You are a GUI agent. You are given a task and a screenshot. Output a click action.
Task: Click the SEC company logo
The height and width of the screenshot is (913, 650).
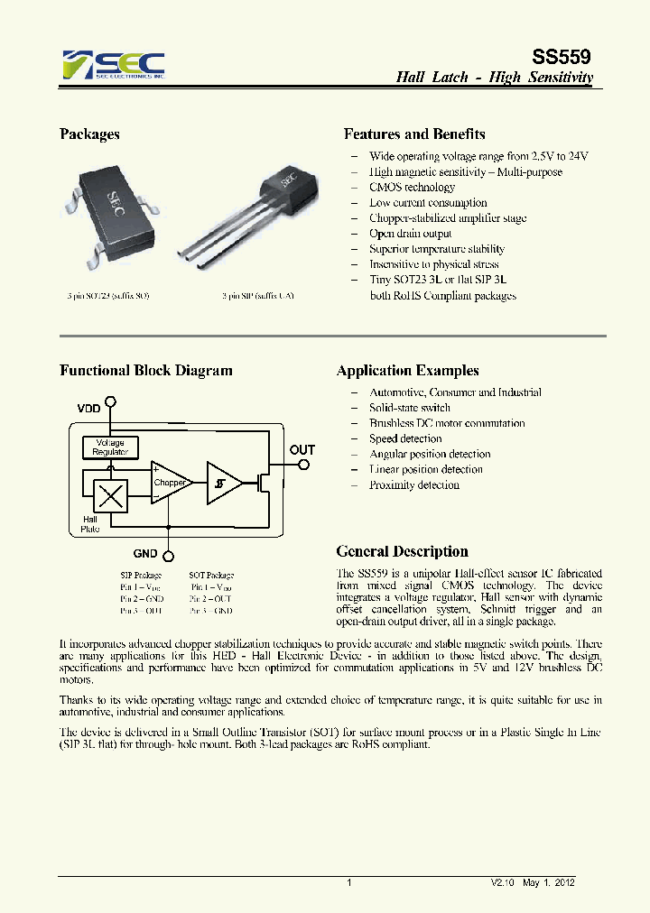tap(113, 65)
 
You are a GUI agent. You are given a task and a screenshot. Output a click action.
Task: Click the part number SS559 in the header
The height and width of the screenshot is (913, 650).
tap(564, 55)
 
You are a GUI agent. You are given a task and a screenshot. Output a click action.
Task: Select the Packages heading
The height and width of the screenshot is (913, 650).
tap(89, 134)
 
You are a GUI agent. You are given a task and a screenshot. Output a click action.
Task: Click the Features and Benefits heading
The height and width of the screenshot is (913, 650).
tap(414, 134)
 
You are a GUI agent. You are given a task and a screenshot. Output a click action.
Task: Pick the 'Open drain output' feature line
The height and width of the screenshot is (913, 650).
tap(410, 234)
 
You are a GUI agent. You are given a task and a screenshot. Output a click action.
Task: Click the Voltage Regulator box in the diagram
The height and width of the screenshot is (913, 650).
tap(110, 447)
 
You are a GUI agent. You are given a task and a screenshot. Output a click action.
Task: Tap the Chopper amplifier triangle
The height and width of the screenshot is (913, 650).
tap(169, 483)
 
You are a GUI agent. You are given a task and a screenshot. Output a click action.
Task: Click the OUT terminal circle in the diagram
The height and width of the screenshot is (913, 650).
tap(304, 466)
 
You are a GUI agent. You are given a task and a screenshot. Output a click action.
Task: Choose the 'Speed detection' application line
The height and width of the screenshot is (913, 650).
tap(405, 438)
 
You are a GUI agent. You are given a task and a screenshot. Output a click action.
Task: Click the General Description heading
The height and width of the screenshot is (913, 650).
tap(402, 552)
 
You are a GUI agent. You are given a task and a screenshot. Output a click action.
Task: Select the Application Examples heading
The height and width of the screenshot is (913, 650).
tap(407, 371)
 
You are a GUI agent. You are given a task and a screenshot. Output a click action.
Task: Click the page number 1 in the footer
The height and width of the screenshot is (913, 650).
tap(348, 883)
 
